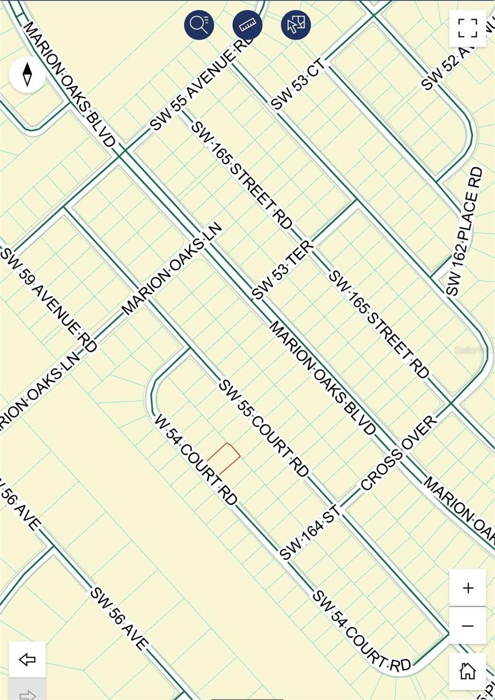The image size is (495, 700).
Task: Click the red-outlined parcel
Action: click(x=225, y=458)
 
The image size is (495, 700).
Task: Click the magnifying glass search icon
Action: click(x=199, y=24)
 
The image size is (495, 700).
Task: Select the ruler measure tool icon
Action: click(x=247, y=24)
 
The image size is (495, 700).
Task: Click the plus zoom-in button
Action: click(x=468, y=588)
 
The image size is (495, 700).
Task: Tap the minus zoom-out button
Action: click(x=468, y=626)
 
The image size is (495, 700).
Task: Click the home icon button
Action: click(x=468, y=671)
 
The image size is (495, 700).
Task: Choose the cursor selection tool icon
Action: click(x=295, y=24)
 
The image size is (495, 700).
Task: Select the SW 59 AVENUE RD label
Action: click(x=49, y=299)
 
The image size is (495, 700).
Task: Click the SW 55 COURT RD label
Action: click(x=264, y=428)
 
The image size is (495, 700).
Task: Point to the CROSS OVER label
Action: click(x=399, y=453)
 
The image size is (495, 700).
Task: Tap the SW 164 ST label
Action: click(x=310, y=534)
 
